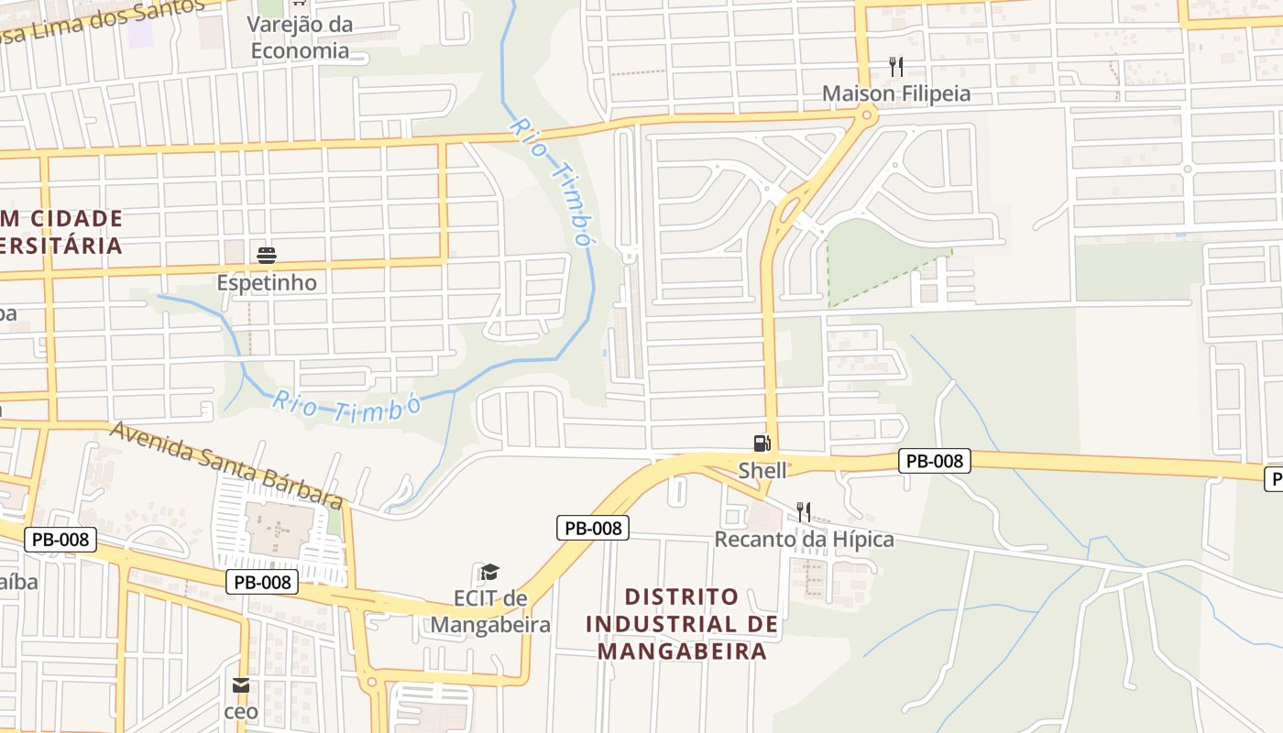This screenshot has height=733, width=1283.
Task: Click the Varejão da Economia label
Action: coord(301,38)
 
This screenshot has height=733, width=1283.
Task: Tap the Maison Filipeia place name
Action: coord(895,93)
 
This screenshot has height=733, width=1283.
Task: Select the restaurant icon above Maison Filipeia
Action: coord(896,66)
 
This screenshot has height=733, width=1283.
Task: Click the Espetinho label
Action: coord(267,282)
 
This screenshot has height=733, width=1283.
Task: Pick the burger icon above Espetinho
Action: coord(267,255)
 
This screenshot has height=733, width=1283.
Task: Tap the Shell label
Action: coord(762,470)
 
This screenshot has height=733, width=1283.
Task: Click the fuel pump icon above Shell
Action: coord(762,443)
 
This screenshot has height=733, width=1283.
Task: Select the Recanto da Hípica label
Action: coord(804,539)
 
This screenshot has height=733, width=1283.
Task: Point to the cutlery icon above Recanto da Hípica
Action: coord(804,511)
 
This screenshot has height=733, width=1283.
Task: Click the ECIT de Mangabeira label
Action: coord(490,612)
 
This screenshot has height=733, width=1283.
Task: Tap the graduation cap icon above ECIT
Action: coord(489,574)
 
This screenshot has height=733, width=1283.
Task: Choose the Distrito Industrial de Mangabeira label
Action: coord(681,624)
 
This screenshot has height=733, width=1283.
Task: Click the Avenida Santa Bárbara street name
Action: coord(227,465)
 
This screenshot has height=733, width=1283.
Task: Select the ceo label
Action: coord(241,711)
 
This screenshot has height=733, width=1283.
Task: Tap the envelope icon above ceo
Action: coord(241,685)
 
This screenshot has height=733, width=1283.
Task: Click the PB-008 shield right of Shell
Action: coord(934,461)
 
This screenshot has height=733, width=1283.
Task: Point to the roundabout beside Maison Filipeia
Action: coord(864,114)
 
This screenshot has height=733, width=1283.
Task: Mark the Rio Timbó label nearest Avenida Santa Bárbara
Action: coord(346,406)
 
